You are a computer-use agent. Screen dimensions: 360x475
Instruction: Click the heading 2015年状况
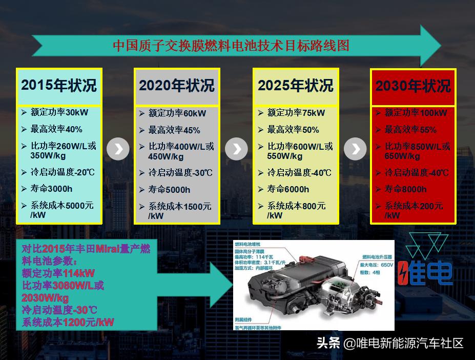[58, 85]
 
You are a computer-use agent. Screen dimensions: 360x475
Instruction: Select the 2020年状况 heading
[177, 86]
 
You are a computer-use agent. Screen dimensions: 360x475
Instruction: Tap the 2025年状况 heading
[295, 86]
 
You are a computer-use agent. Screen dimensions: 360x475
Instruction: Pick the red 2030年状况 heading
[413, 86]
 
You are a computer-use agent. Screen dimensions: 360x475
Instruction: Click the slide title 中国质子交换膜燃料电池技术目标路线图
[231, 46]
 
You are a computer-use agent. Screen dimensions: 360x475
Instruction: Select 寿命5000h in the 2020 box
[169, 190]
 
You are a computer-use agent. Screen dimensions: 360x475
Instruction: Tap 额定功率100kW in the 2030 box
[416, 113]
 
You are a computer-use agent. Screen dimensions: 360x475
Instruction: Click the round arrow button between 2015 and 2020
[118, 149]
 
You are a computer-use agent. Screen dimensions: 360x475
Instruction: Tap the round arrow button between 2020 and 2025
[236, 149]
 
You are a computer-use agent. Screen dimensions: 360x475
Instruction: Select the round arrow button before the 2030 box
[355, 149]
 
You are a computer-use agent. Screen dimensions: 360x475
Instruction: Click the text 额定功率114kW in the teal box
[58, 273]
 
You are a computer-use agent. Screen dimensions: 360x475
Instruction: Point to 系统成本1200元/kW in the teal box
[68, 323]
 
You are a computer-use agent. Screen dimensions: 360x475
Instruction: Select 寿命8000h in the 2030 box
[405, 189]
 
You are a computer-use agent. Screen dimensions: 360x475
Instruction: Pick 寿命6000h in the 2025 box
[288, 189]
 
